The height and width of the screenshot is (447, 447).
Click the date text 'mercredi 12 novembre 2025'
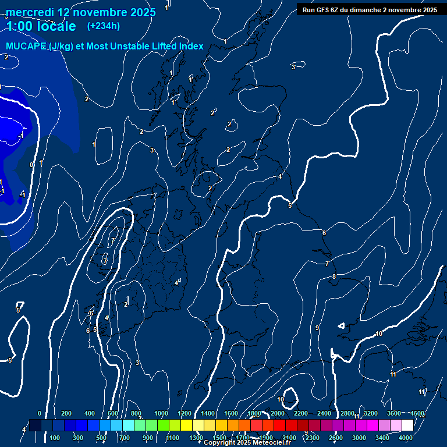81,12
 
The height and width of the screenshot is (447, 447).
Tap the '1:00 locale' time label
40,26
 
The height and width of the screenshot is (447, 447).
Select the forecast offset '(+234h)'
104,26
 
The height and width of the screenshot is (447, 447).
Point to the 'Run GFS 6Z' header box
370,9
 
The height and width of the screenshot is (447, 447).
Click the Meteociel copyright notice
247,443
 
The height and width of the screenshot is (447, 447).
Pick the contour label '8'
334,276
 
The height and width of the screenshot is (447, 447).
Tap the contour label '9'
317,328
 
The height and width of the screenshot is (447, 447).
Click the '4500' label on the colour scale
417,413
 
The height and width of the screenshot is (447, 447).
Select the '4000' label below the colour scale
406,438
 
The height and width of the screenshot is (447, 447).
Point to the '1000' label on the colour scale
161,413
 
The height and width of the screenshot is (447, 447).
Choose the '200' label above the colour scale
66,413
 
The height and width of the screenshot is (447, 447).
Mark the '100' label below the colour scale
55,438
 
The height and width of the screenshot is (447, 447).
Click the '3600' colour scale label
394,413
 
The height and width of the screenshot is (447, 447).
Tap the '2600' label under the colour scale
336,438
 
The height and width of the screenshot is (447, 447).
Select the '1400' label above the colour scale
208,413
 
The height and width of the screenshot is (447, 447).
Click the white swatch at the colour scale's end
407,425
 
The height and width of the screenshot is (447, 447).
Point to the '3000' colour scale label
359,438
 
